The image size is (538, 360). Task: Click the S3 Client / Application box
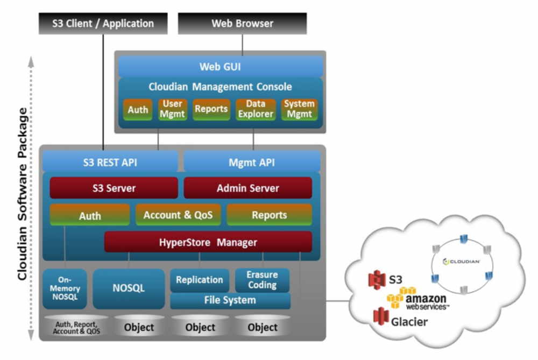click(x=103, y=24)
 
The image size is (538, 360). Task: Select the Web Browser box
click(x=242, y=24)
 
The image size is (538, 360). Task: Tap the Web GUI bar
click(x=220, y=67)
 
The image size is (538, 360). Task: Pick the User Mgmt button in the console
click(x=172, y=109)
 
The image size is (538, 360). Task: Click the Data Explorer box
click(x=256, y=109)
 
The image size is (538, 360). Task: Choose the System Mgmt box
click(x=300, y=109)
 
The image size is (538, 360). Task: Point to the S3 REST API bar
click(x=110, y=161)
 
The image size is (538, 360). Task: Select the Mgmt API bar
click(x=252, y=161)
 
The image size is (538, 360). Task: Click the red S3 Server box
click(x=114, y=188)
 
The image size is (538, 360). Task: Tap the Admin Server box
click(x=247, y=188)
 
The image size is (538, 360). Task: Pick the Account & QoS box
click(x=178, y=215)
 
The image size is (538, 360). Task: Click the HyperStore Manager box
click(x=208, y=242)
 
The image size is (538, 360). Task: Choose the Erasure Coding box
click(x=262, y=280)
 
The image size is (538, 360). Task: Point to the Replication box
click(x=199, y=280)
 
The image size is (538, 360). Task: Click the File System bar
click(x=230, y=300)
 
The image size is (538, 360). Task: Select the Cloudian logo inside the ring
click(x=462, y=262)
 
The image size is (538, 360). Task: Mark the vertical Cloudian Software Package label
click(x=23, y=194)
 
